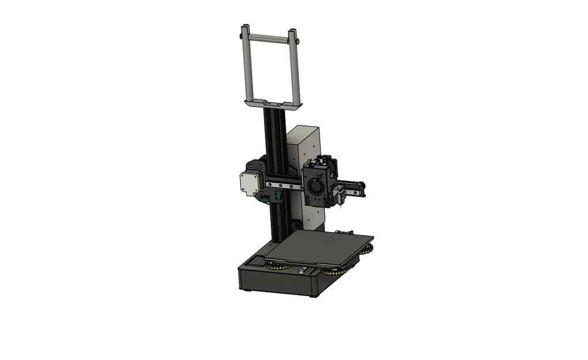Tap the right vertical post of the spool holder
[296, 69]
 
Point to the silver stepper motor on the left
[249, 185]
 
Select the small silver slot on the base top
[304, 270]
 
